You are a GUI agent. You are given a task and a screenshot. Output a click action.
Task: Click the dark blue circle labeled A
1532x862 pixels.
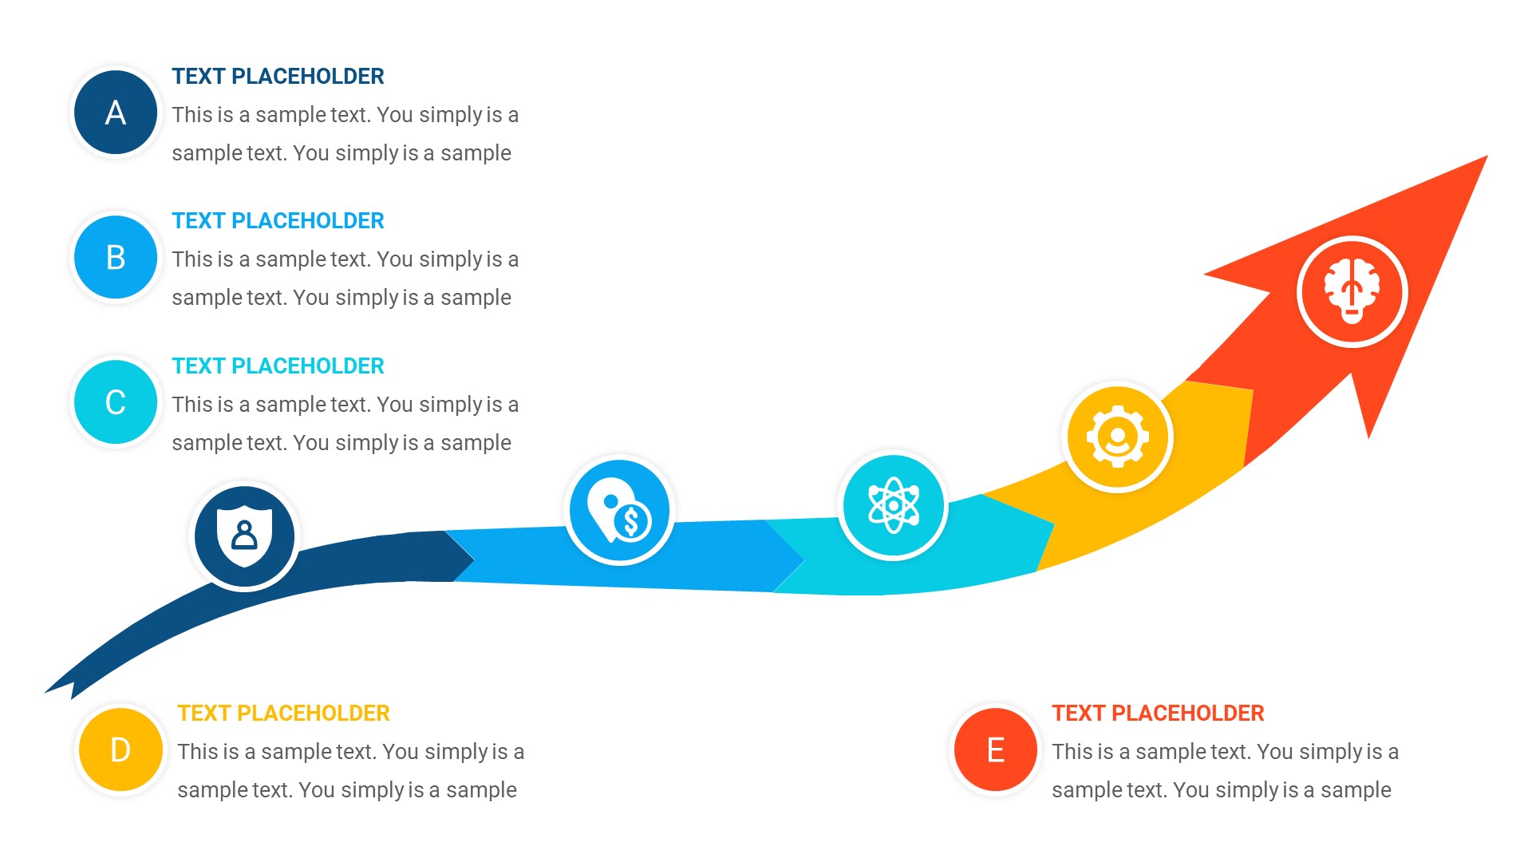coord(116,113)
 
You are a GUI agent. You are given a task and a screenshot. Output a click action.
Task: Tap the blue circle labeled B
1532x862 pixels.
coord(116,257)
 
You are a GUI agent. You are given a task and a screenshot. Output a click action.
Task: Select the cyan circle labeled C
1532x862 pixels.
coord(116,401)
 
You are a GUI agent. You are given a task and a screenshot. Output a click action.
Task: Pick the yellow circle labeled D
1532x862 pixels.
coord(120,749)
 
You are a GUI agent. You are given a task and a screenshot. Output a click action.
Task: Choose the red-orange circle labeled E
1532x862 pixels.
coord(995,749)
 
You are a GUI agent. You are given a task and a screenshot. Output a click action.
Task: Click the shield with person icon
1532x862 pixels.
coord(244,536)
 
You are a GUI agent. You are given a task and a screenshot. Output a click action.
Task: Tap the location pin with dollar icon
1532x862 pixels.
coord(619,510)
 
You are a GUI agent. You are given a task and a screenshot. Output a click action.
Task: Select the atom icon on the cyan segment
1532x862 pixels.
coord(893,505)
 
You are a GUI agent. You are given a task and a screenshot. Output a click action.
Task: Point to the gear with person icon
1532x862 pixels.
coord(1117,437)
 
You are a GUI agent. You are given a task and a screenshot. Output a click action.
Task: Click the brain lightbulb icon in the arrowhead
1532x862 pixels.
coord(1352,291)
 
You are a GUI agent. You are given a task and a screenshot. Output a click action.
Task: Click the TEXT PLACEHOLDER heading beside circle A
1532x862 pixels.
coord(278,77)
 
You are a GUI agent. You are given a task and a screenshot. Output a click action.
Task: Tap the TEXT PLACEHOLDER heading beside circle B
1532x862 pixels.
coord(278,221)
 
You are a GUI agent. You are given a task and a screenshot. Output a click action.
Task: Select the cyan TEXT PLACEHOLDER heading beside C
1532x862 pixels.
coord(278,366)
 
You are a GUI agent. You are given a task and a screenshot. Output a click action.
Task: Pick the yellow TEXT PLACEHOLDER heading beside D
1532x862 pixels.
coord(283,714)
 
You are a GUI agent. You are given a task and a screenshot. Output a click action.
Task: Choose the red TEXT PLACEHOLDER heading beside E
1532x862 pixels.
coord(1157,714)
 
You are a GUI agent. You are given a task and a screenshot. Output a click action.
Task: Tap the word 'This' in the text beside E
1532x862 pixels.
coord(1072,752)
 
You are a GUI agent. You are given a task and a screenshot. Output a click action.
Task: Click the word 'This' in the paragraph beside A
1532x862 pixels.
coord(191,115)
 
